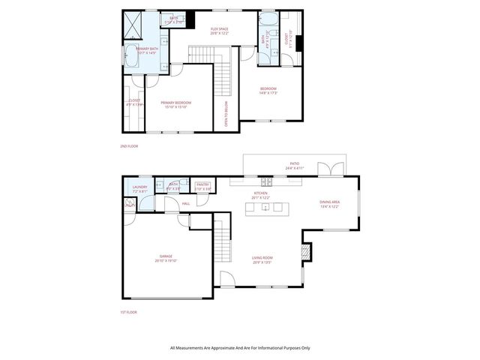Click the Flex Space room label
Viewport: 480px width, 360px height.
[x=220, y=30]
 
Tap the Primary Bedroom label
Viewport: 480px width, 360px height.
[x=176, y=103]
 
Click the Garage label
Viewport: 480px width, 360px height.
[x=166, y=259]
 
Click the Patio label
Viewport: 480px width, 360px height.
[x=295, y=165]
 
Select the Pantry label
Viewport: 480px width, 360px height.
[x=202, y=185]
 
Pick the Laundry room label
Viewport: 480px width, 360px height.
[x=140, y=189]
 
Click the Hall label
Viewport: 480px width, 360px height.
[x=184, y=202]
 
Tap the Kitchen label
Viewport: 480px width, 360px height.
[x=261, y=195]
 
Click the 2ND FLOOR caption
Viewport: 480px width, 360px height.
[x=128, y=146]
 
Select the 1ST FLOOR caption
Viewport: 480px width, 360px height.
[x=128, y=312]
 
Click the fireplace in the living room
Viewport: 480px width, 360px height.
[x=305, y=252]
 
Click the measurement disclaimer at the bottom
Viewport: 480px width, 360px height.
[x=239, y=348]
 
